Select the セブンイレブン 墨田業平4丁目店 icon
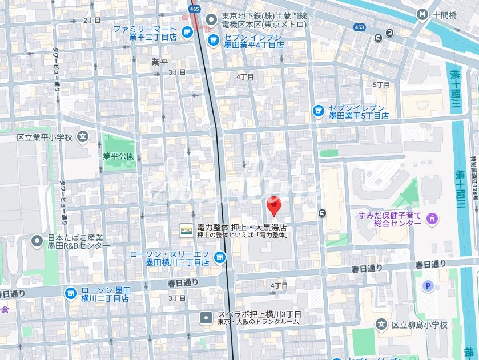[x=213, y=39]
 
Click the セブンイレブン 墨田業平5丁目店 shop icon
[x=318, y=110]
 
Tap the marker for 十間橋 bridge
[x=422, y=15]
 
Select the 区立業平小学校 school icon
[x=83, y=137]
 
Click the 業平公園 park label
[x=119, y=156]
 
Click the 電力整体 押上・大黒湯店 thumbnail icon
[x=186, y=230]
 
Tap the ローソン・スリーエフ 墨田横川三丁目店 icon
[x=218, y=258]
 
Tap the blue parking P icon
[x=426, y=286]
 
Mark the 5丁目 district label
[x=381, y=84]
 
